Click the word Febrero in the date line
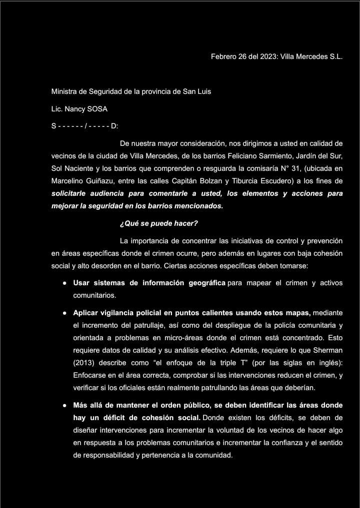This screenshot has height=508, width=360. click(224, 57)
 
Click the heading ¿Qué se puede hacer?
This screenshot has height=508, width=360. click(155, 223)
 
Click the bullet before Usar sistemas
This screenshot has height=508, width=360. click(65, 283)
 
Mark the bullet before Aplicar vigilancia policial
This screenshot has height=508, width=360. click(65, 313)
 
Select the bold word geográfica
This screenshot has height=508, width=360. click(205, 283)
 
